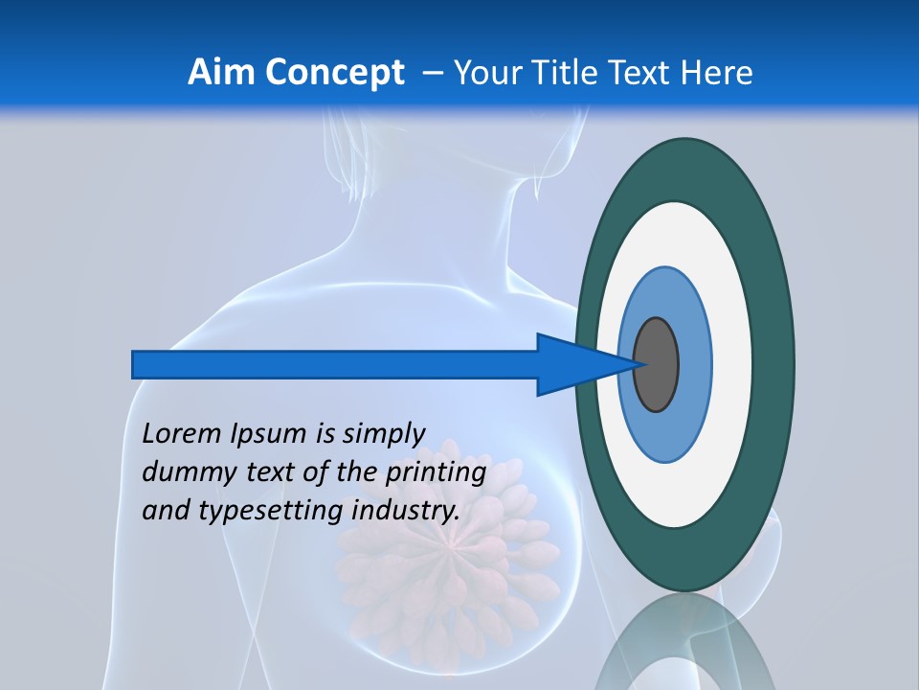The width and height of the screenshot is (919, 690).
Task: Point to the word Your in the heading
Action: (485, 73)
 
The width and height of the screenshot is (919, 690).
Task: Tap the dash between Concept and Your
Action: (432, 73)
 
